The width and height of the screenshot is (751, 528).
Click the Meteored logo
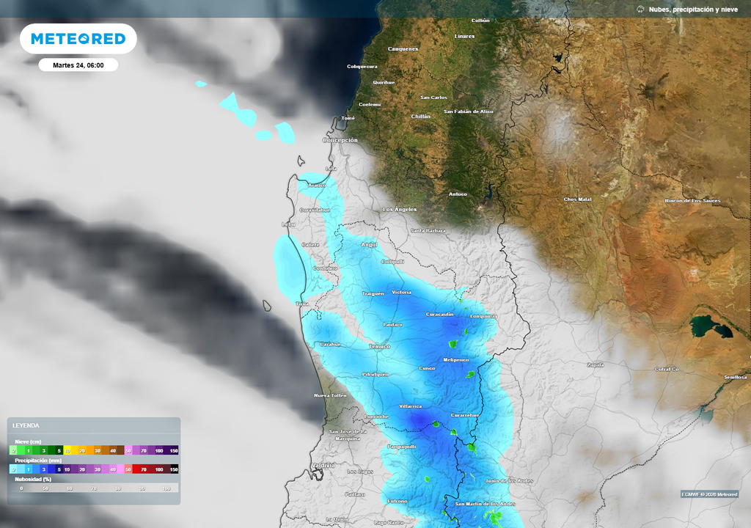coord(78,39)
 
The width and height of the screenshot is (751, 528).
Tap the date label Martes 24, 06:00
coord(78,65)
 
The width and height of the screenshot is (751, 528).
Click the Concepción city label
coord(340,140)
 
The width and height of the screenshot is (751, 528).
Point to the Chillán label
coord(420,117)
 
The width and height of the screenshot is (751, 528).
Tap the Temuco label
coord(379,346)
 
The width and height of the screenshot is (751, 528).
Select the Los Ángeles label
coord(400,210)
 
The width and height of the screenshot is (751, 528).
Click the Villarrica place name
coord(411,406)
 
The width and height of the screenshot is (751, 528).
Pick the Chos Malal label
coord(577,199)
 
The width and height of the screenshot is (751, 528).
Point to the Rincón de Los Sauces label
coord(692,200)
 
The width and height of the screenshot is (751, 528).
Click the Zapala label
coord(595,364)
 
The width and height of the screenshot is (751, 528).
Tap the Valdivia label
coord(323,466)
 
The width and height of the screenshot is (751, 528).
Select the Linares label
coord(464,36)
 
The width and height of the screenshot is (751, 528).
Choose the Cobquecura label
coord(362,67)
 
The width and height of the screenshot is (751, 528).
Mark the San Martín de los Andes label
coord(486,505)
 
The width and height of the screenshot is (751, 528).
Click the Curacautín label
coord(440,315)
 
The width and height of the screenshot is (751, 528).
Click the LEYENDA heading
coord(26,425)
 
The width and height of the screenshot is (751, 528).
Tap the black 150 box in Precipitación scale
coord(174,469)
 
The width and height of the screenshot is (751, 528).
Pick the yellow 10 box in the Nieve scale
coord(67,450)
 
